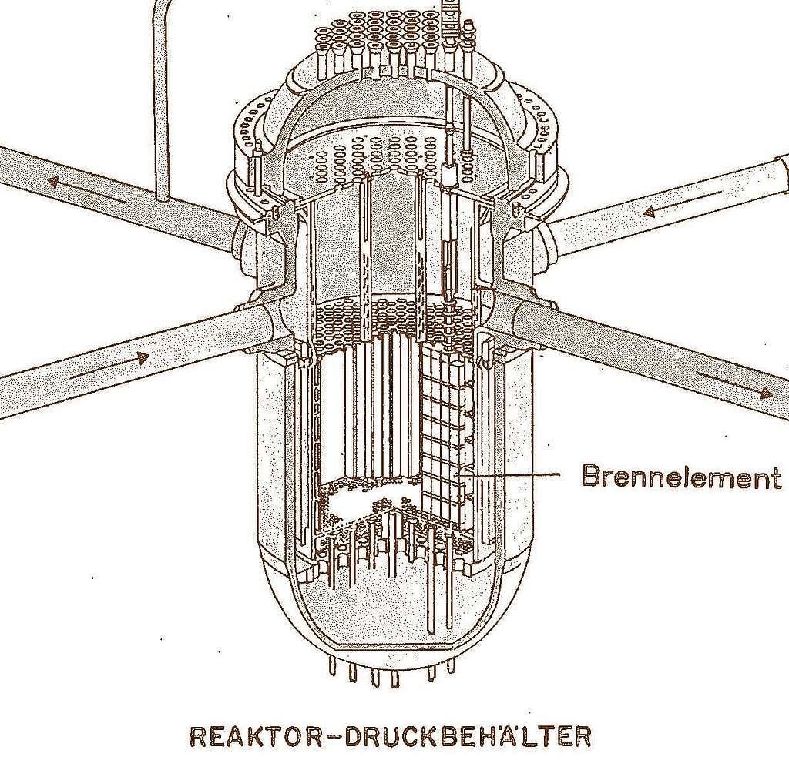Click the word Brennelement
(x=681, y=477)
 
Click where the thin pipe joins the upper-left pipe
(x=163, y=198)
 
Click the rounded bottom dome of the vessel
(x=385, y=624)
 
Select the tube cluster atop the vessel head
(x=393, y=42)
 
